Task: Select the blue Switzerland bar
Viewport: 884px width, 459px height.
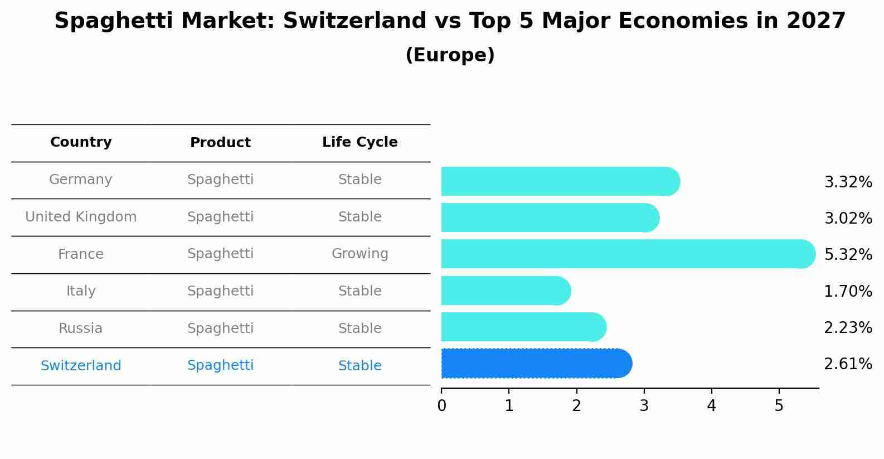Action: (x=535, y=364)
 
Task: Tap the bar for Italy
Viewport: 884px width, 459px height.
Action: (x=505, y=291)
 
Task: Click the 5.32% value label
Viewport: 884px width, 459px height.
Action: (x=848, y=255)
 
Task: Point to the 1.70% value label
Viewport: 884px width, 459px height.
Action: (x=848, y=291)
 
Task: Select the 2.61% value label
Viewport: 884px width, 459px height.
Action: (x=848, y=364)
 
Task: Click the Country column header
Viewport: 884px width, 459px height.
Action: (x=81, y=142)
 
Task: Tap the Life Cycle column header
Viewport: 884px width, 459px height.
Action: (x=360, y=142)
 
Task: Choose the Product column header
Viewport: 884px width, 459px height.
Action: (x=220, y=143)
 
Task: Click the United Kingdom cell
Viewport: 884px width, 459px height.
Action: (x=81, y=217)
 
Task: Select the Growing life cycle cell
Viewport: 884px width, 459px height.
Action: (x=360, y=254)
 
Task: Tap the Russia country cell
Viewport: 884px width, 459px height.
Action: (x=81, y=328)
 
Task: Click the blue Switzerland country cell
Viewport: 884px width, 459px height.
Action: (x=81, y=366)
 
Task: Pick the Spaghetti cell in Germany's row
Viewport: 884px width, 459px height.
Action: (x=220, y=180)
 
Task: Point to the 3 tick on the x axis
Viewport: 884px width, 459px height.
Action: (x=644, y=405)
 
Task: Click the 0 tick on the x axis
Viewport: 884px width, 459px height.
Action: (x=441, y=405)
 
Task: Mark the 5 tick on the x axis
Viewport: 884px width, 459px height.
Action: (x=779, y=405)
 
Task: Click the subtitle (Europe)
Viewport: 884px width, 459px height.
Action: (x=450, y=55)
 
